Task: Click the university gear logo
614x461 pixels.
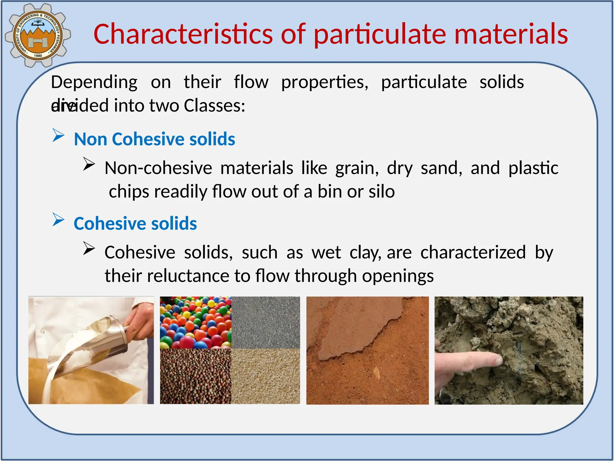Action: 37,35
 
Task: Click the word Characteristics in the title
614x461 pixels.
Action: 183,34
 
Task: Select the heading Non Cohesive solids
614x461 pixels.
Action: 154,139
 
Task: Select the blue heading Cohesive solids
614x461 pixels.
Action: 135,224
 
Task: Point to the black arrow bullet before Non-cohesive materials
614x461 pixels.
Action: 89,164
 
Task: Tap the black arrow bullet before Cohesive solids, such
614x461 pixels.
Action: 89,249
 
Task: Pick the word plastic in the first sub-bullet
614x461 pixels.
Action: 533,168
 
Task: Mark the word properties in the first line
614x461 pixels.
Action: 324,82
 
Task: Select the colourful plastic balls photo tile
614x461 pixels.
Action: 195,322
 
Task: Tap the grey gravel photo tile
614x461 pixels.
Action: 266,322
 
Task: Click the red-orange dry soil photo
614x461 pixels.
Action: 367,350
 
